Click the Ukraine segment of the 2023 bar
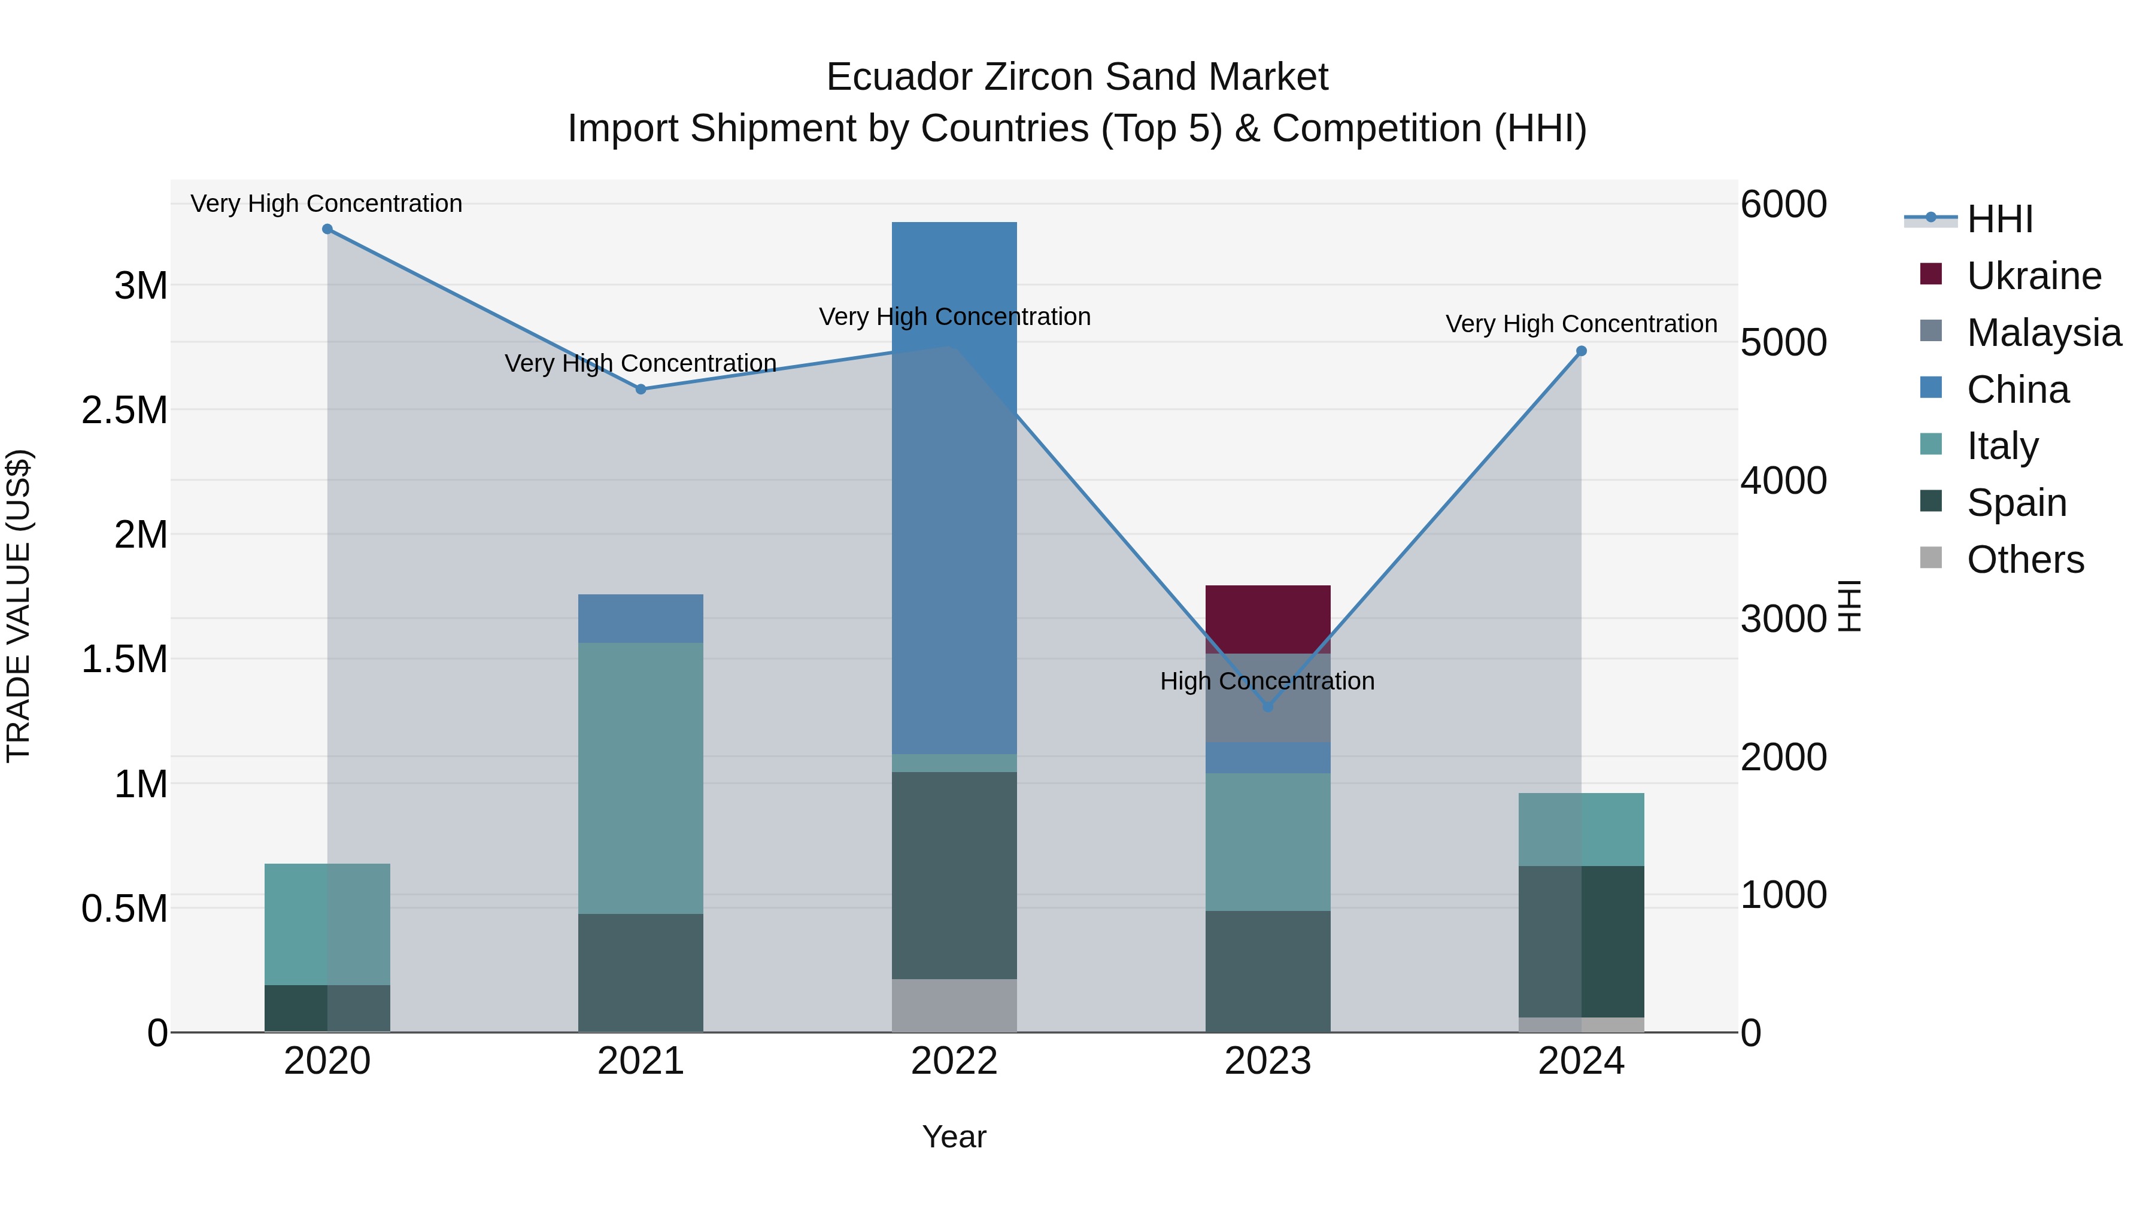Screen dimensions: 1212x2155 tap(1267, 619)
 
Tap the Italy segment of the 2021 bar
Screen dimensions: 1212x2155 tap(641, 778)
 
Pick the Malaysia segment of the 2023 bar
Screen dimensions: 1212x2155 tap(1267, 698)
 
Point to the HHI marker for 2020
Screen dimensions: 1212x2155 tap(327, 229)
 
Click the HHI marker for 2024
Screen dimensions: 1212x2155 tap(1581, 351)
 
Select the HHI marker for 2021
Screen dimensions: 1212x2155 tap(641, 389)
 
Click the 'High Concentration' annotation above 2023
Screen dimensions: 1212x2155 tap(1267, 681)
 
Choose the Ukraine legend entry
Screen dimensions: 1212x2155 tap(2033, 276)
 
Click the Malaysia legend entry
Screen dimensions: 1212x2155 tap(2044, 333)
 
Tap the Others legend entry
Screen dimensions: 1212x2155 tap(2025, 560)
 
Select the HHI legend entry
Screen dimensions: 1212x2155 tap(1999, 219)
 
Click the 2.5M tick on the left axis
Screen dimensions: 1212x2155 tap(125, 410)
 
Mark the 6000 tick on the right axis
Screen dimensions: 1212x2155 tap(1784, 204)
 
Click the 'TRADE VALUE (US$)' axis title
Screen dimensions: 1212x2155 tap(19, 606)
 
